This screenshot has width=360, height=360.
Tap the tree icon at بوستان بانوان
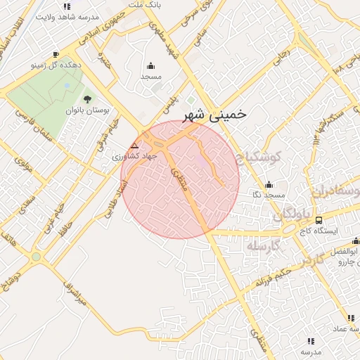tap(87, 100)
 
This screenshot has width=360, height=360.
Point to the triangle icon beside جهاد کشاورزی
tap(134, 147)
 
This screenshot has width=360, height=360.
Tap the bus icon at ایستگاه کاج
tap(319, 220)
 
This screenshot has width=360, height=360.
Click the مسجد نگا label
tap(268, 194)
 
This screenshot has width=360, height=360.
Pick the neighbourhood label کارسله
tap(264, 245)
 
